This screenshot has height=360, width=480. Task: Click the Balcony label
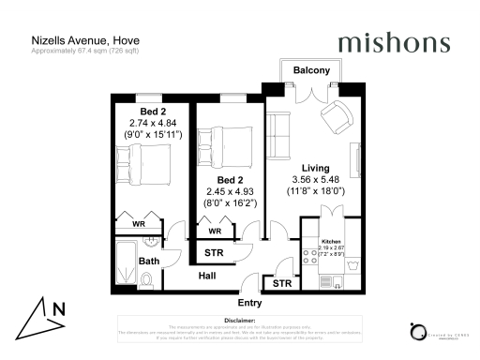click(309, 70)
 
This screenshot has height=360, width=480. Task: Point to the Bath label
click(149, 261)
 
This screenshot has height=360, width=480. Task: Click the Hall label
click(209, 276)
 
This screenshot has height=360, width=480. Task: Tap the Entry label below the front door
click(249, 303)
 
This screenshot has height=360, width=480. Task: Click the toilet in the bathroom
click(147, 280)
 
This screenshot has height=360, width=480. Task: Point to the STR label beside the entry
click(278, 283)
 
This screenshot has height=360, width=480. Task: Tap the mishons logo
click(393, 43)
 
